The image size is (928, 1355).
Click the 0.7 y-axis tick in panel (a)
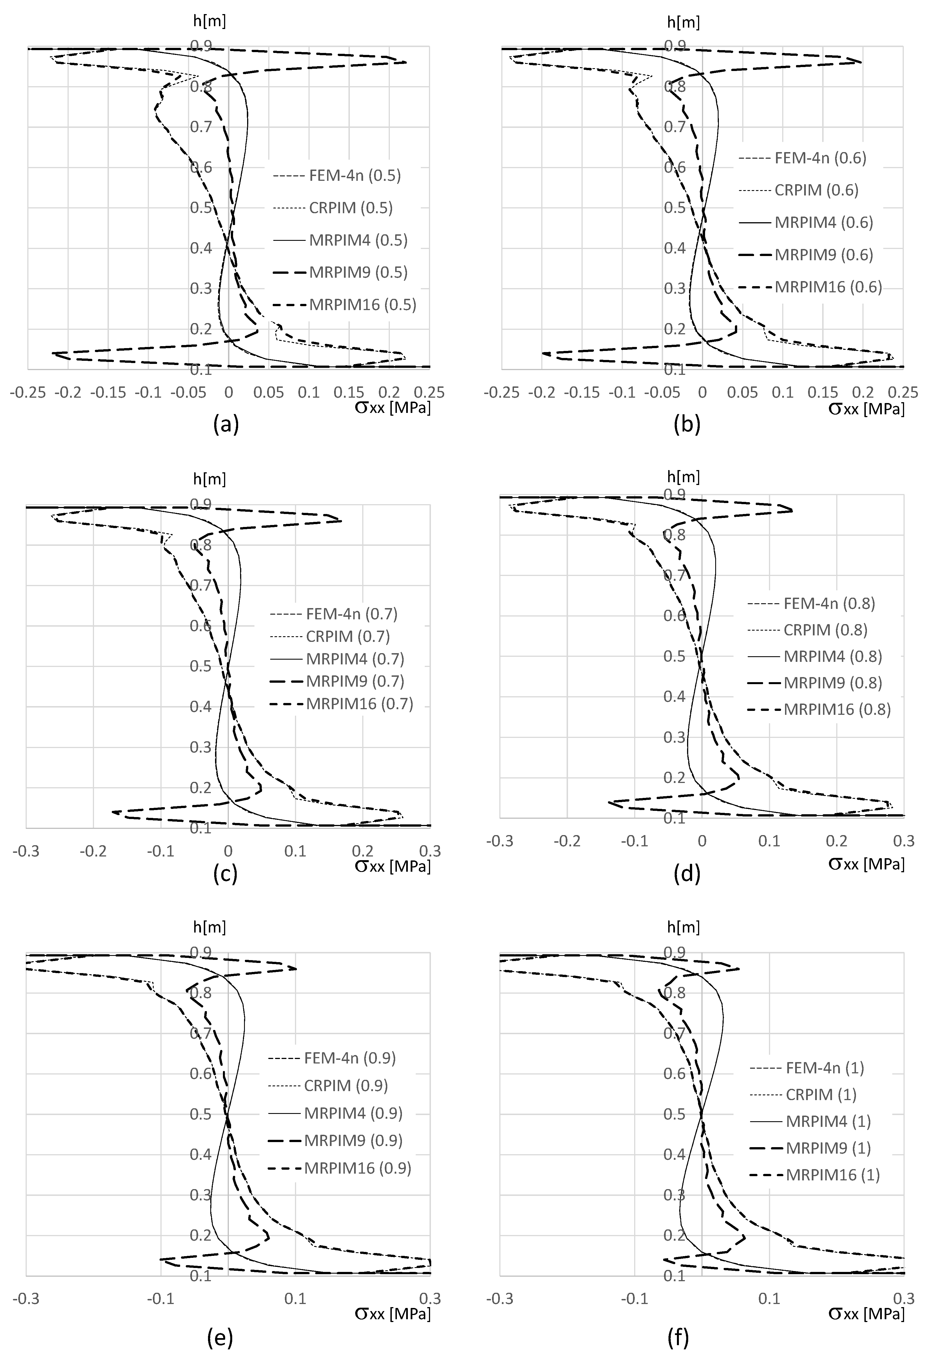(200, 127)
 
